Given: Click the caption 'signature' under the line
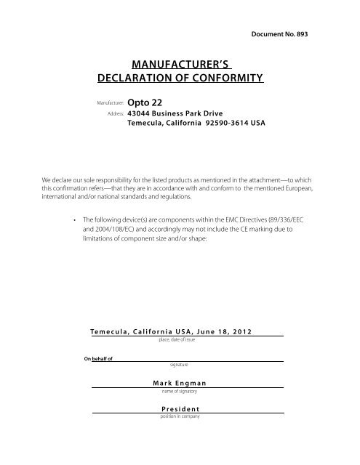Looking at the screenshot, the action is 175,365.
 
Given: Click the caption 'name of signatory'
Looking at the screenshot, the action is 175,391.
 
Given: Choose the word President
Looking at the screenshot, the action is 175,409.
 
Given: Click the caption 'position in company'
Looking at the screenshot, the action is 175,416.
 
